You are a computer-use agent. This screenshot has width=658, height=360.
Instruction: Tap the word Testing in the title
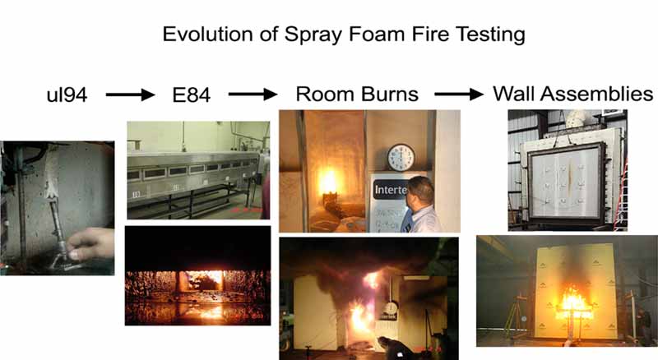click(x=484, y=35)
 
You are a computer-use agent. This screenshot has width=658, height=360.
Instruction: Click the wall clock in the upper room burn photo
click(x=401, y=157)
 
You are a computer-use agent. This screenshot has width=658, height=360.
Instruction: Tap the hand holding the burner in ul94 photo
click(x=92, y=246)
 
